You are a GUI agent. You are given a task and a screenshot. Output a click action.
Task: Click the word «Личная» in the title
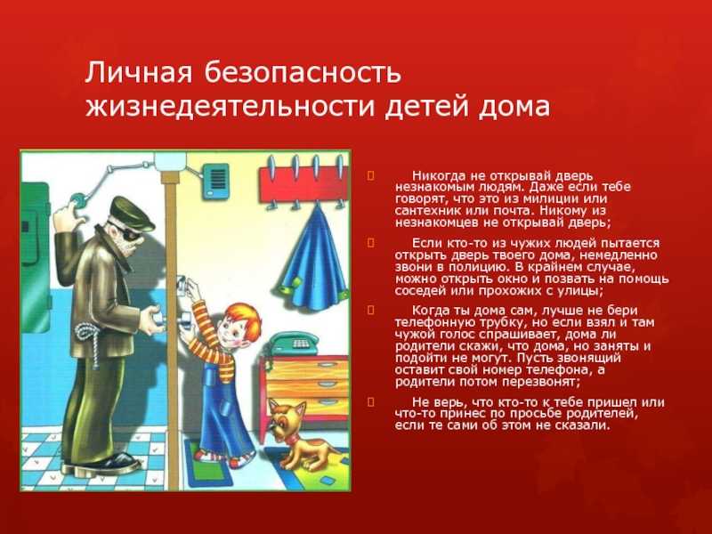[x=138, y=73]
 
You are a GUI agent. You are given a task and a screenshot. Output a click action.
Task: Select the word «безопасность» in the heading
[x=303, y=73]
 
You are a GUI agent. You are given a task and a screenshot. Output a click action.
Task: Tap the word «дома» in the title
[x=514, y=107]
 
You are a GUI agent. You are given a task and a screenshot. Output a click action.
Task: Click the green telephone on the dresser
[x=293, y=344]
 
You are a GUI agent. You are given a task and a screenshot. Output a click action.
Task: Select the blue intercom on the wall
[x=215, y=182]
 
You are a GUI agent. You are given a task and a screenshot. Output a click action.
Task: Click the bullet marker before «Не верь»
[x=371, y=402]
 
